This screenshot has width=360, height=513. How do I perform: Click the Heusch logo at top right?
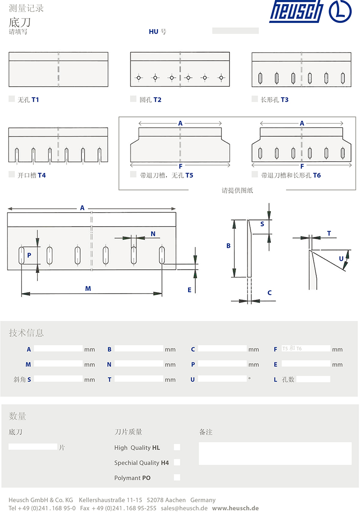click(310, 12)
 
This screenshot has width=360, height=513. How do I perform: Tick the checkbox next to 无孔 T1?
click(12, 98)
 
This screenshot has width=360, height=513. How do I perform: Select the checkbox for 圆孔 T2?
click(133, 98)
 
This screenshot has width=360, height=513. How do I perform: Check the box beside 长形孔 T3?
click(255, 98)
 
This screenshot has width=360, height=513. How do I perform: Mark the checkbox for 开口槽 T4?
click(12, 174)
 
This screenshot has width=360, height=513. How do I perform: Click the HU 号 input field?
click(235, 31)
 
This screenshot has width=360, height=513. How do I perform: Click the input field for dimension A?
click(58, 348)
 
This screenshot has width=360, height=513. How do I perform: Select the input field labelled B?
click(139, 348)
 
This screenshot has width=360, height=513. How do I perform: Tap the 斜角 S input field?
click(58, 379)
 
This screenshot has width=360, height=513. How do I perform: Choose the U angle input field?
click(222, 379)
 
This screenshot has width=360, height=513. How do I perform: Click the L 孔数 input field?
click(313, 379)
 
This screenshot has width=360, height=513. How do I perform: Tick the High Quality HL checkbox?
click(177, 447)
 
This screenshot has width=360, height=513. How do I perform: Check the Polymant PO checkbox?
click(177, 477)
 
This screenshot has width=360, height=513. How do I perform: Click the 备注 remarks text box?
click(275, 454)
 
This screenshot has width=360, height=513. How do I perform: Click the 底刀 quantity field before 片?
click(33, 446)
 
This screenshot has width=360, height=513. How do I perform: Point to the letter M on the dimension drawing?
click(88, 289)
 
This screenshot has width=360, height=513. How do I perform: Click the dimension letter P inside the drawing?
click(29, 255)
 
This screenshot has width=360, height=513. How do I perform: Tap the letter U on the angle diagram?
click(341, 259)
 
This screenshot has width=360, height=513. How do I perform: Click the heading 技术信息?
click(26, 333)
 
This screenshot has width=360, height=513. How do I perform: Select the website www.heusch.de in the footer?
click(235, 508)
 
